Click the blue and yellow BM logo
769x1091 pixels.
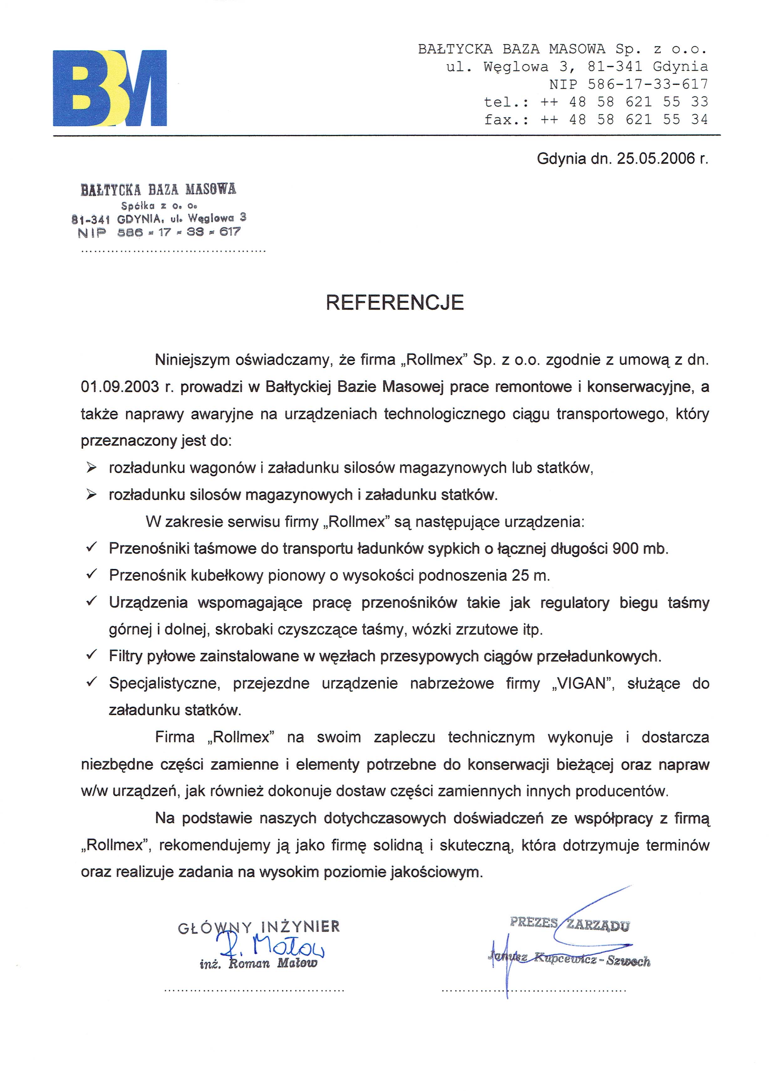110,88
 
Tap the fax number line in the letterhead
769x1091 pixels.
596,119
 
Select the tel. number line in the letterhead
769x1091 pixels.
596,102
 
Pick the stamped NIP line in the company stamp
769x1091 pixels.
159,232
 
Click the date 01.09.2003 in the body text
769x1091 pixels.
120,387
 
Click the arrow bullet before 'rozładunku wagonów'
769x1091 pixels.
91,468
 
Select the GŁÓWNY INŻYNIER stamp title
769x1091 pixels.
259,927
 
